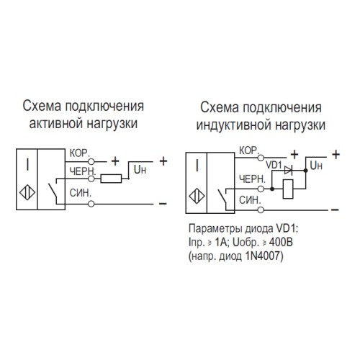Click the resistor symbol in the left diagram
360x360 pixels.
pyautogui.click(x=112, y=178)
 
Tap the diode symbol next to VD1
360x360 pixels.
pyautogui.click(x=289, y=171)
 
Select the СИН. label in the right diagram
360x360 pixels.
pyautogui.click(x=249, y=198)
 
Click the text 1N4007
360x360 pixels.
pyautogui.click(x=266, y=254)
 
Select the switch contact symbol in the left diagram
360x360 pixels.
pyautogui.click(x=53, y=191)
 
